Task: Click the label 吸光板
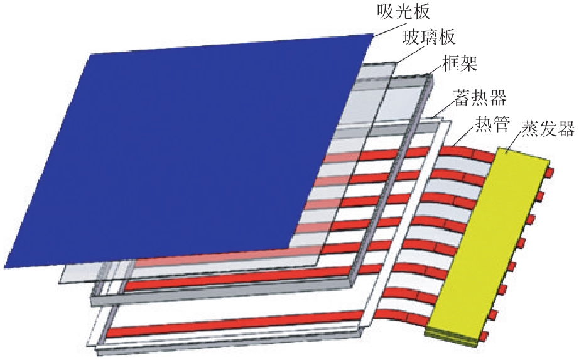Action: (403, 12)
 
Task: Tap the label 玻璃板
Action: (429, 37)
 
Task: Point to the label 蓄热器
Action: (480, 97)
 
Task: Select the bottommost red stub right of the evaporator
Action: (485, 336)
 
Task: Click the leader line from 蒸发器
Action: (514, 143)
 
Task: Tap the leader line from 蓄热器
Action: (444, 108)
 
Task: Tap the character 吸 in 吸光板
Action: (386, 12)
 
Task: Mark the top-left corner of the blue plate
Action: (90, 55)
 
